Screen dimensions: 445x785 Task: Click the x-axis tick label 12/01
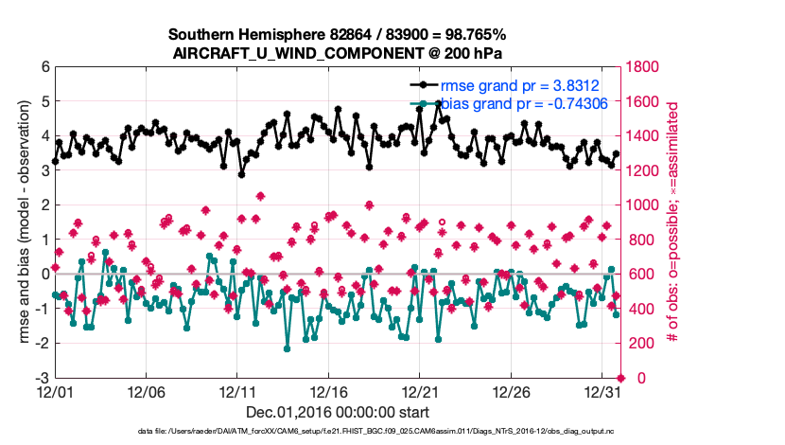click(55, 391)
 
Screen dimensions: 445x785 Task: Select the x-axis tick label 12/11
click(238, 391)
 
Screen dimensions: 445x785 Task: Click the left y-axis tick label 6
click(44, 67)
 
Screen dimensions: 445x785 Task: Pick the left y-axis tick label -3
click(42, 378)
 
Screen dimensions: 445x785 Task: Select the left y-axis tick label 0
click(44, 275)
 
